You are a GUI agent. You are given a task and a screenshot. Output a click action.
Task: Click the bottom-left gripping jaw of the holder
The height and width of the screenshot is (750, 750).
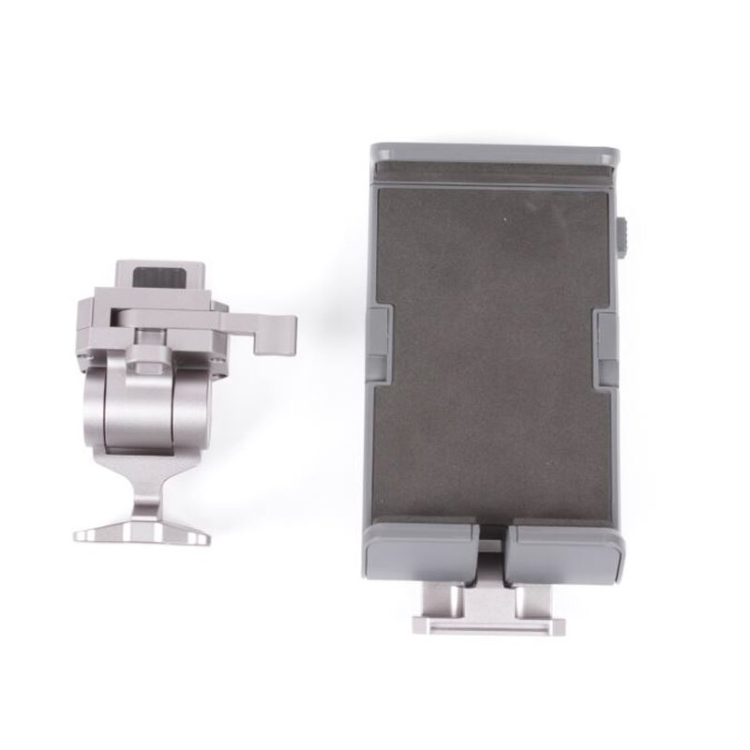pos(422,553)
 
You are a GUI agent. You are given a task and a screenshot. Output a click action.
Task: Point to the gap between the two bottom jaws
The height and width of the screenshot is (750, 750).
pos(495,553)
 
